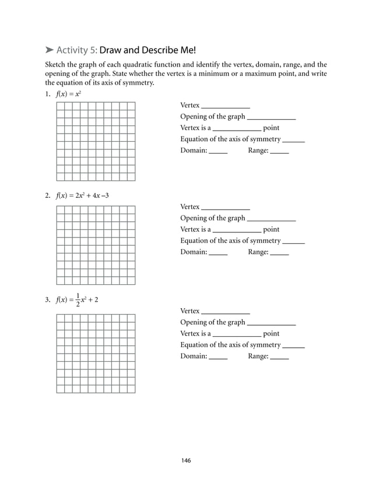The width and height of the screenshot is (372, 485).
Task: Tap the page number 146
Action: tap(185, 460)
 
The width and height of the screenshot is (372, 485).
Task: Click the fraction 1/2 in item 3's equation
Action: tap(79, 300)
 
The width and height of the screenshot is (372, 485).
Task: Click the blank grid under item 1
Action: tap(96, 141)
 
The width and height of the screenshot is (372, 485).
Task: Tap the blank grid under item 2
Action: tap(96, 245)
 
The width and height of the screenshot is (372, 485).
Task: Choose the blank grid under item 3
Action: tap(96, 353)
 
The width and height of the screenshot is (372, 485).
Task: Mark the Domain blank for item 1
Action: tap(218, 152)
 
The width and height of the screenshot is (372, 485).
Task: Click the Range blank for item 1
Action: tap(279, 152)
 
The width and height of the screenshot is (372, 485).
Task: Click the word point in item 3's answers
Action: tap(271, 334)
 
